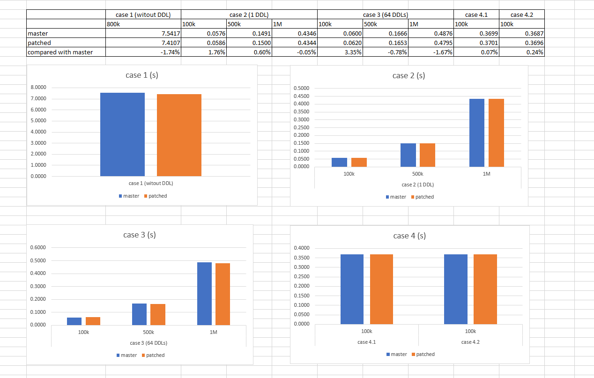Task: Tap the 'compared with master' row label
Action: (60, 52)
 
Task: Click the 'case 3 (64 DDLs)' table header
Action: (385, 15)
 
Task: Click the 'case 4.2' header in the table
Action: (521, 15)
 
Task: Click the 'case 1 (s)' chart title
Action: (141, 75)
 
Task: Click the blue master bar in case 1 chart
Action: (122, 134)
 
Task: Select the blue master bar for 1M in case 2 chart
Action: (476, 133)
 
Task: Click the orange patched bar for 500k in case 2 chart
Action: (427, 155)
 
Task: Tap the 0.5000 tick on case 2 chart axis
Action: (301, 89)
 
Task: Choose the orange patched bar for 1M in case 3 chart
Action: (223, 294)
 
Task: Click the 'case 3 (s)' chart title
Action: (140, 235)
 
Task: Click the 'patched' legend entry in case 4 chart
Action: (425, 354)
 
